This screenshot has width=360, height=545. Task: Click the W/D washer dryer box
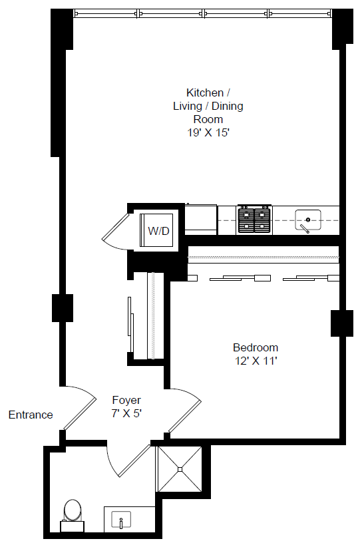(x=158, y=231)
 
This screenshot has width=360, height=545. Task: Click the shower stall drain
(x=180, y=468)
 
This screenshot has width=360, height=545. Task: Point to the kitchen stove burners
(x=255, y=220)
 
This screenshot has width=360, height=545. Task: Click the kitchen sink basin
(x=307, y=218)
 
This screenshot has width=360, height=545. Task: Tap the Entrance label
(x=31, y=415)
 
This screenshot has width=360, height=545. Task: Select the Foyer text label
(x=126, y=400)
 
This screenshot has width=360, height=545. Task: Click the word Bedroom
(x=255, y=347)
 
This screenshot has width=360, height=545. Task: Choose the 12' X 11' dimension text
(x=255, y=361)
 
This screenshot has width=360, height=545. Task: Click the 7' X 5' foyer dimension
(x=126, y=413)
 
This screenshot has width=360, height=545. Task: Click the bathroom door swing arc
(x=126, y=459)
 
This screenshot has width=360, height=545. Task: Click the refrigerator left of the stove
(x=200, y=219)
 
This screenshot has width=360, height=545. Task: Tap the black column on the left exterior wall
(x=61, y=308)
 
